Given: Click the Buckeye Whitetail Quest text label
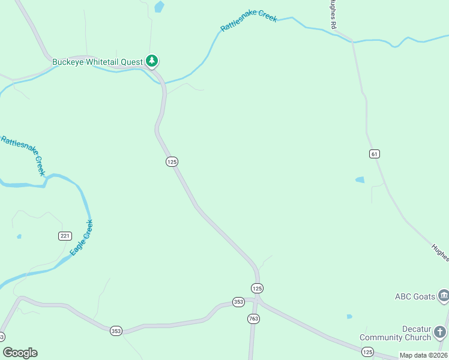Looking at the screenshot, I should point(97,62).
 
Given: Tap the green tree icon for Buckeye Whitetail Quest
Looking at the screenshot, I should point(152,61).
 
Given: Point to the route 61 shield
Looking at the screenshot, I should point(375,154).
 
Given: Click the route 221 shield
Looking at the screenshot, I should point(65,236).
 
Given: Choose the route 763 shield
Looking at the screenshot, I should point(253,319).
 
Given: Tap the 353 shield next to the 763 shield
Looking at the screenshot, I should point(238,302).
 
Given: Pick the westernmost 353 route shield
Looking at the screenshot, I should point(1,336).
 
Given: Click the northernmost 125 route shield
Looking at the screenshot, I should point(172,161).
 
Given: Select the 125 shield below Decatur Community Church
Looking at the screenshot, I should point(368,352).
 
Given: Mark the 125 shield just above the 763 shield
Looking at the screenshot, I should point(257,289).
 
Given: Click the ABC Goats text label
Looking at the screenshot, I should point(414,296).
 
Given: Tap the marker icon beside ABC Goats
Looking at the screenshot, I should point(443,295).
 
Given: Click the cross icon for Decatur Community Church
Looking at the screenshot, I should point(440,332).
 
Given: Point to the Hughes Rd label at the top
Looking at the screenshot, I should point(333,13).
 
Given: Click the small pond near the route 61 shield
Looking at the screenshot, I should point(360,179).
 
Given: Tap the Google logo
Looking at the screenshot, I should point(20,353).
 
